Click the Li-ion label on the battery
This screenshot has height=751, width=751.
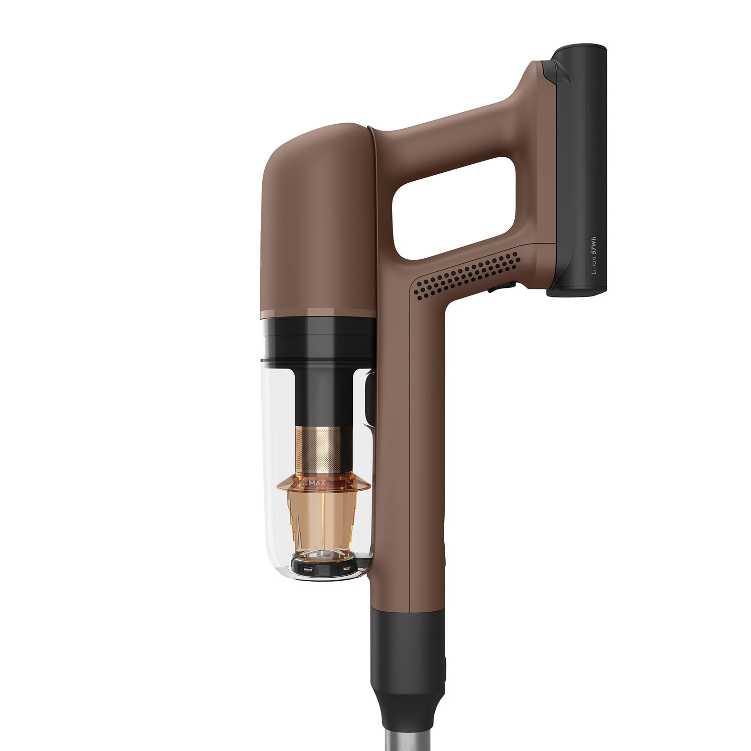point(594,265)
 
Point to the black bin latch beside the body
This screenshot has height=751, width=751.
point(369,401)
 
